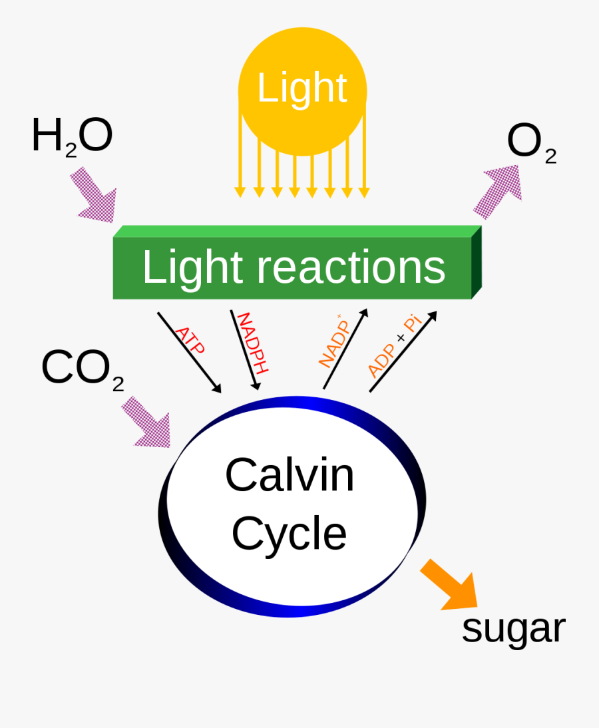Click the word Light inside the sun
[x=301, y=88]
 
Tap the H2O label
[x=72, y=136]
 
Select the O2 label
[x=530, y=143]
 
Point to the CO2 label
[x=82, y=369]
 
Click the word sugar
[x=513, y=628]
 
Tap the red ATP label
[x=190, y=340]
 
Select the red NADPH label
[x=252, y=343]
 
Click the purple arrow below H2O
[x=96, y=194]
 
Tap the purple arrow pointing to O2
[x=500, y=191]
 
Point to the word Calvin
[x=290, y=475]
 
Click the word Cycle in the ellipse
[x=289, y=534]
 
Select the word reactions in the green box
[x=351, y=268]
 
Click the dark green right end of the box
[x=476, y=262]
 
